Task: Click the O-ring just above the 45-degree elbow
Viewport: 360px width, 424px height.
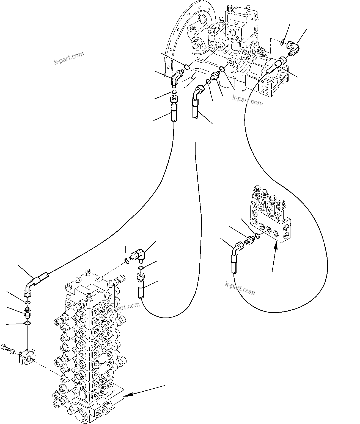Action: (x=186, y=67)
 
